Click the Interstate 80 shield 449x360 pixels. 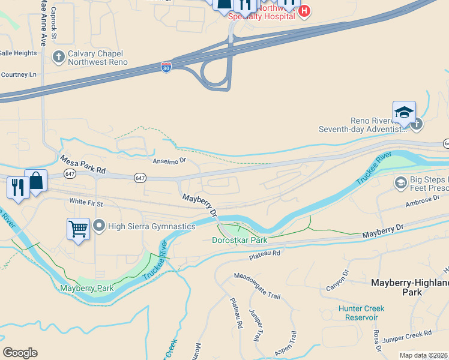[x=166, y=67]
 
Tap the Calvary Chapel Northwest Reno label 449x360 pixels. [x=97, y=58]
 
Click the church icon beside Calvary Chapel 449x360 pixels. [x=58, y=57]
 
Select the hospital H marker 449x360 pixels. [x=304, y=10]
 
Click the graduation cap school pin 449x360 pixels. [x=404, y=112]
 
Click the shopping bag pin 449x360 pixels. [x=36, y=181]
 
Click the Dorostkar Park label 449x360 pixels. [x=240, y=240]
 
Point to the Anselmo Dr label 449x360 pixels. [x=170, y=161]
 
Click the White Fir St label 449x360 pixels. [x=86, y=203]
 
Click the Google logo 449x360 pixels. [x=20, y=353]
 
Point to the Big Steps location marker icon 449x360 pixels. [x=400, y=182]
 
